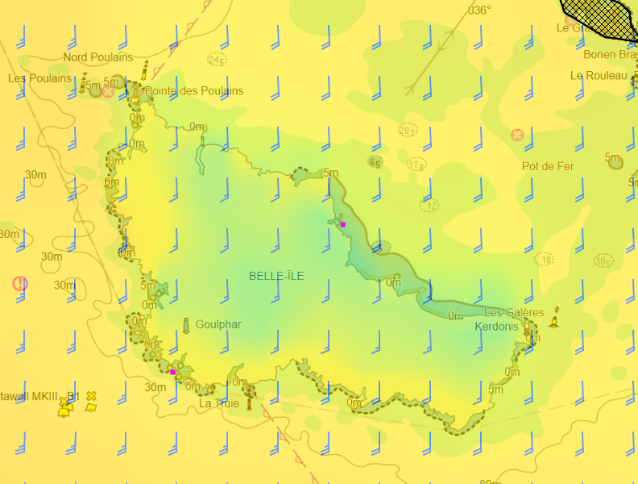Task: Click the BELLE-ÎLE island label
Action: click(x=276, y=276)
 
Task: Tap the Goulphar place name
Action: click(x=217, y=324)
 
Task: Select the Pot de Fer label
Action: click(x=548, y=166)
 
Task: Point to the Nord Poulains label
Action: click(x=98, y=57)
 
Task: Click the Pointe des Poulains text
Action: click(x=194, y=91)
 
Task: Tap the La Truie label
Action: click(x=219, y=403)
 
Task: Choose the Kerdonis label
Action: click(x=497, y=327)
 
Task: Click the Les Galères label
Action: click(x=514, y=312)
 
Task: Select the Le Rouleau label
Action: click(x=599, y=75)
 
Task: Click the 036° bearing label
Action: click(x=479, y=10)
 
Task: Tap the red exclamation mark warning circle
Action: click(x=20, y=283)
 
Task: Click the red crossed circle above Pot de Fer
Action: click(x=517, y=135)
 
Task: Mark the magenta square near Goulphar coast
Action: click(x=172, y=372)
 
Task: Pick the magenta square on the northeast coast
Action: click(x=343, y=224)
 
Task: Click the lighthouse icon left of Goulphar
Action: click(x=186, y=325)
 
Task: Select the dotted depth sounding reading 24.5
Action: click(x=217, y=59)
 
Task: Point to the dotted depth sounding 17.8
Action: click(x=416, y=165)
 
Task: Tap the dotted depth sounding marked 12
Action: click(x=429, y=206)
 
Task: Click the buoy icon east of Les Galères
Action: click(x=554, y=322)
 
